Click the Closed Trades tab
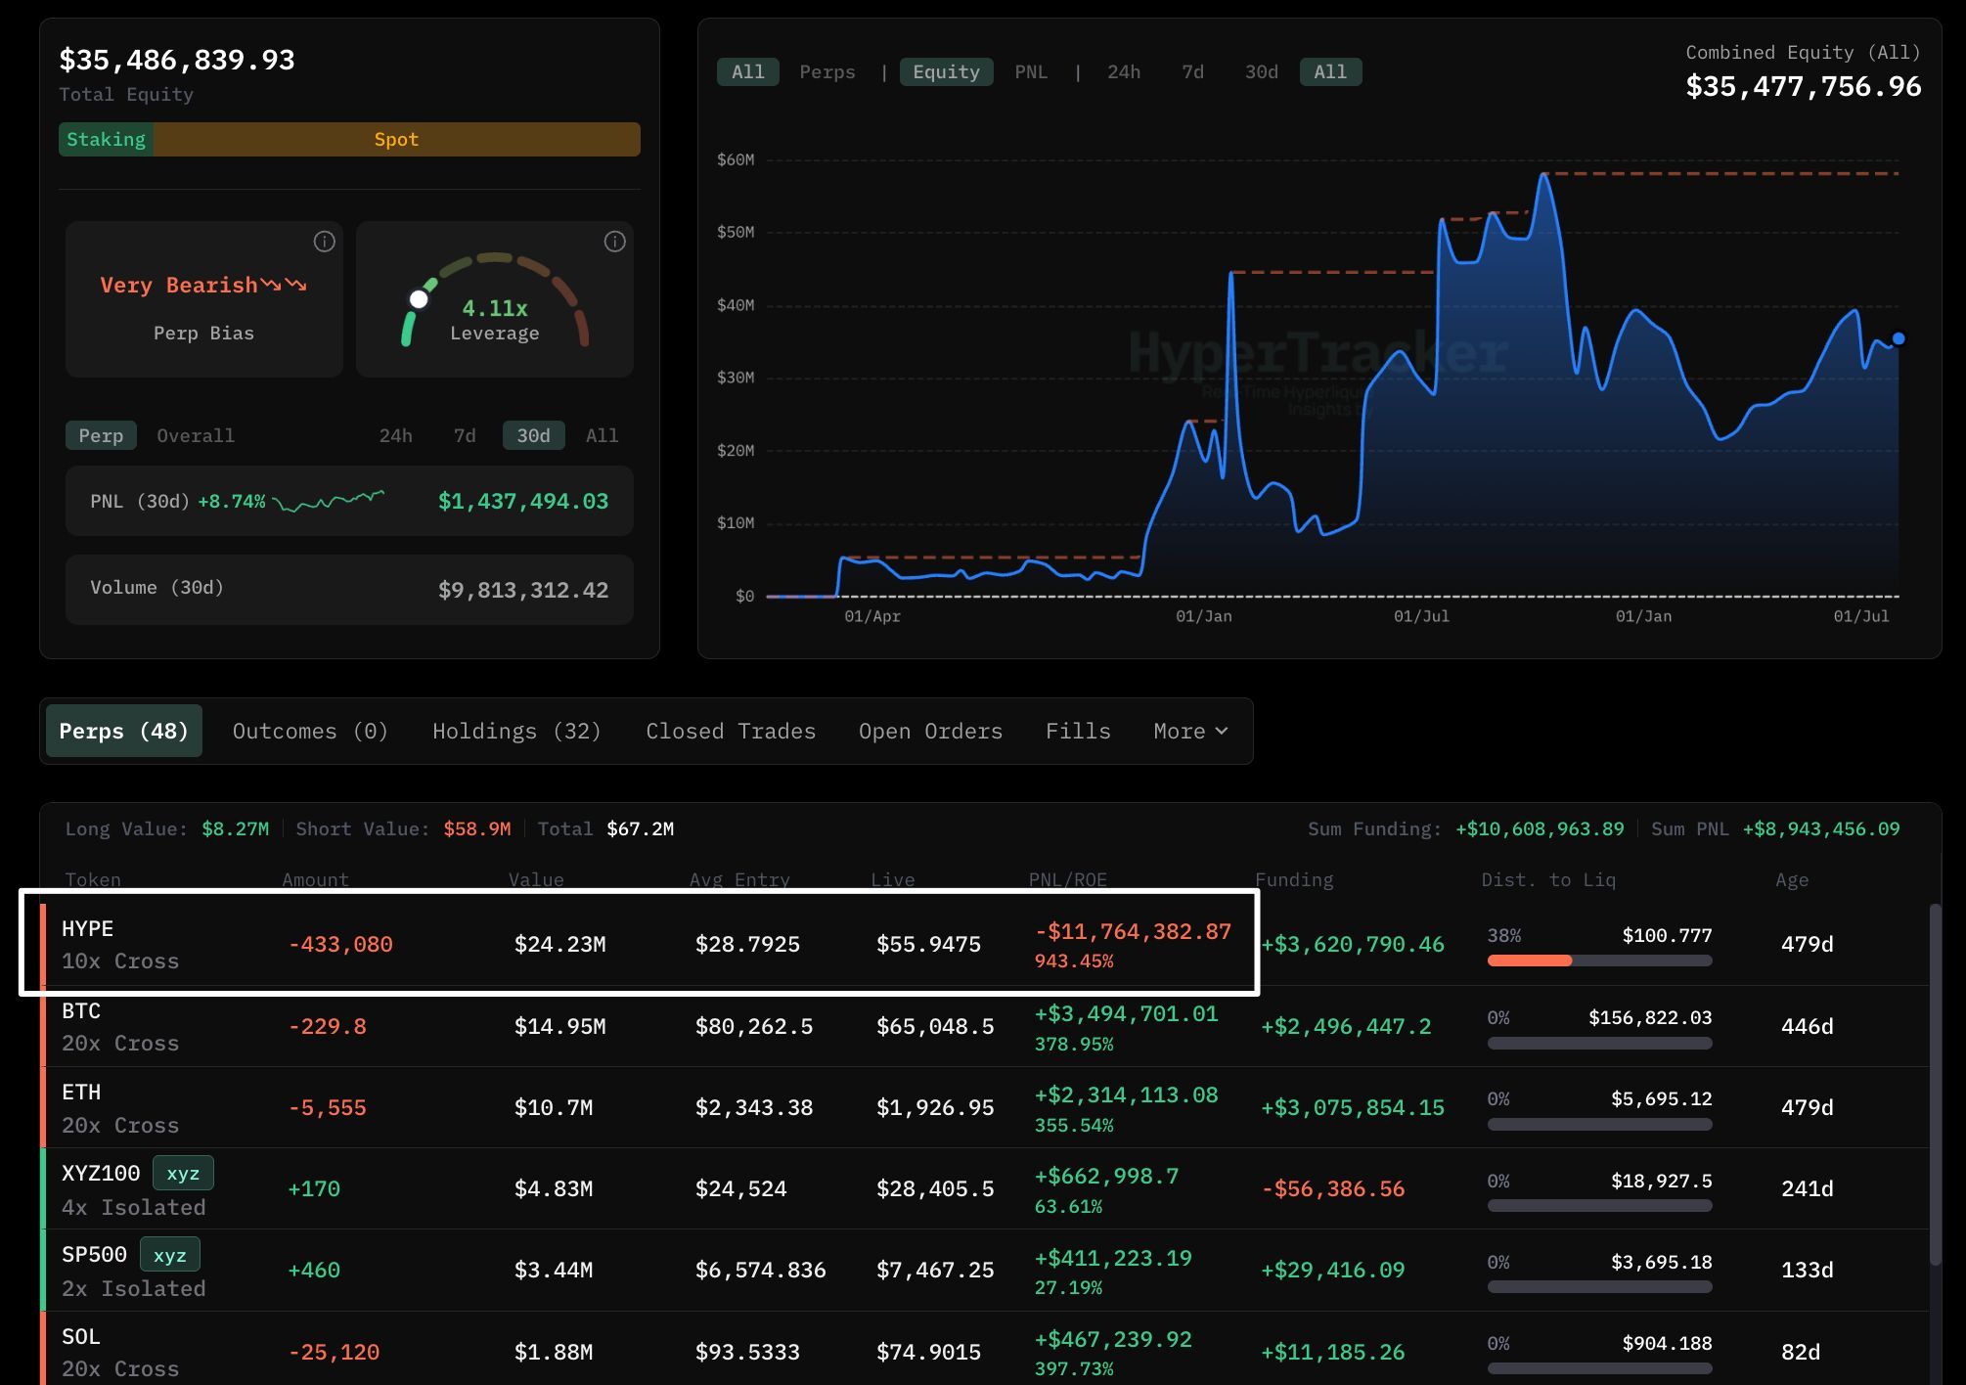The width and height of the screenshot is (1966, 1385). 731,731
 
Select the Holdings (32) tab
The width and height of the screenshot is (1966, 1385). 516,731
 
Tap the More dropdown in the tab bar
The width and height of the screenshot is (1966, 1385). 1190,731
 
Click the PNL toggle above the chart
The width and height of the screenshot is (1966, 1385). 1031,71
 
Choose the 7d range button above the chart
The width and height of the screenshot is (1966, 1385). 1192,71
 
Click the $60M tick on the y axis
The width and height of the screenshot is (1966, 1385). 736,159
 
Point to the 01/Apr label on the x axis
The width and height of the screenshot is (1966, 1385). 872,616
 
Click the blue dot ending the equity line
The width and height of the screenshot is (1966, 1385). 1899,338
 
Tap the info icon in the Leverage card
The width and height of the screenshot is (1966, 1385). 614,242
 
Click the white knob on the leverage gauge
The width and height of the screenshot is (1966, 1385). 419,299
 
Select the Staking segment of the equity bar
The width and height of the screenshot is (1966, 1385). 106,139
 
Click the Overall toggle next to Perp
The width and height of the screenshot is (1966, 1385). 196,435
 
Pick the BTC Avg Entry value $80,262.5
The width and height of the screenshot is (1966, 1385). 754,1026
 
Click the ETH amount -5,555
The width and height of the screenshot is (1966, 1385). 327,1107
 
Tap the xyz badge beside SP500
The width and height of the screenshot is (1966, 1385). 170,1254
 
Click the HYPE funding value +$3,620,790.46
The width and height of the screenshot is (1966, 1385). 1353,944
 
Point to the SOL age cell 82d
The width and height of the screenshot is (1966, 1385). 1801,1352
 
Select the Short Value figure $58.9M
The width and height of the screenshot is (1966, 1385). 477,828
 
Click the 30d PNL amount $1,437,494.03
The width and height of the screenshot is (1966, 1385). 523,501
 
